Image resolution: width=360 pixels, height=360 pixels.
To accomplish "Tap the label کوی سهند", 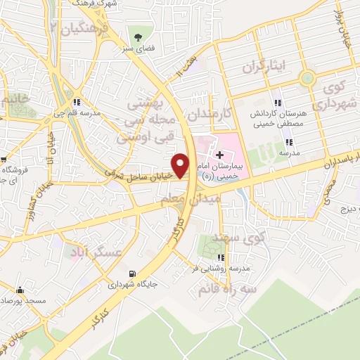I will point(243,240).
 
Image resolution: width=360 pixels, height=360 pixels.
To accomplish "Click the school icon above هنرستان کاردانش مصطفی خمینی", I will point(278,103).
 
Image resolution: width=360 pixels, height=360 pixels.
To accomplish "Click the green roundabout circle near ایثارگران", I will point(307,78).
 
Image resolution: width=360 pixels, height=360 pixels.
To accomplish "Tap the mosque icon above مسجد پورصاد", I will point(20,290).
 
